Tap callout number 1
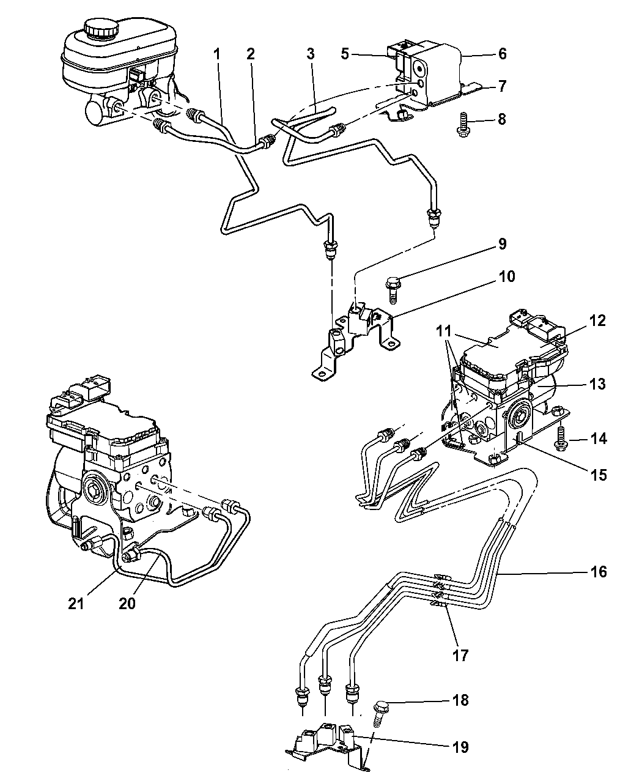point(216,54)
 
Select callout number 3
point(310,54)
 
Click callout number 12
point(597,320)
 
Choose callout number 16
point(599,572)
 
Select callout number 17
point(460,656)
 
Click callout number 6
point(502,54)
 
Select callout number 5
point(345,54)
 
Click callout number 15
point(599,474)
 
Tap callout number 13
point(597,384)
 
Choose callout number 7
point(502,87)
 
